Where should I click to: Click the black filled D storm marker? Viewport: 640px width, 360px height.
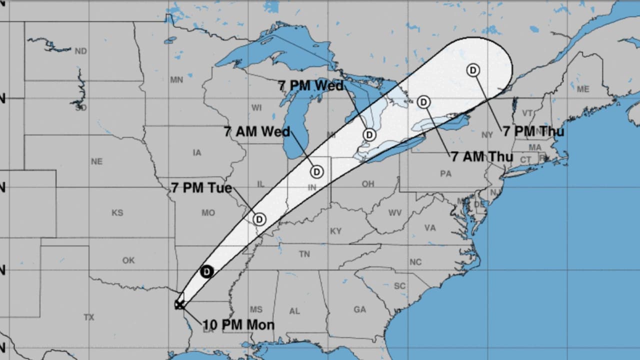point(207,271)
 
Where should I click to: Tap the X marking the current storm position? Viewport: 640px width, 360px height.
point(179,304)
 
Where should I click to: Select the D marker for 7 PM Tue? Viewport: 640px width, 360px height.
point(259,219)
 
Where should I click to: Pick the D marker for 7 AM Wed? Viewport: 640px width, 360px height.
point(316,172)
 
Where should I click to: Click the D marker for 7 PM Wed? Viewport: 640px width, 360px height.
point(369,134)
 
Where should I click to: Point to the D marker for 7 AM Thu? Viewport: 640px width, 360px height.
point(423,102)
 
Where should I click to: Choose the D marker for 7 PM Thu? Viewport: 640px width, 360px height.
point(473,70)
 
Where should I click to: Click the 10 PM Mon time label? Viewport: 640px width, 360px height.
point(238,325)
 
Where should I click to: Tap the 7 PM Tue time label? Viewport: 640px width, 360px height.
point(201,188)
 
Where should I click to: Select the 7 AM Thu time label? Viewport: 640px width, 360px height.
point(482,156)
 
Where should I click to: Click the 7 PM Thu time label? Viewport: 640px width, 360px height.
point(533,131)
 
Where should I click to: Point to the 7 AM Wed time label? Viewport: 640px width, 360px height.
point(257,132)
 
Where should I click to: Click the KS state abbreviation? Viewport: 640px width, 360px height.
point(117,213)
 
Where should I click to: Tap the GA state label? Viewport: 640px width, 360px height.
point(359,309)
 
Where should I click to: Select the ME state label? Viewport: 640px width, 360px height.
point(583,89)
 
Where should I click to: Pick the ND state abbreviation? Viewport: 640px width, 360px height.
point(80,51)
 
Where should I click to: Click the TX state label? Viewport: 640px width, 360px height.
point(89,317)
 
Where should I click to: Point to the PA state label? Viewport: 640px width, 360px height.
point(445,174)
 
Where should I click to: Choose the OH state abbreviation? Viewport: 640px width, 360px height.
point(368,184)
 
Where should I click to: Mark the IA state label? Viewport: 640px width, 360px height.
point(197,152)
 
